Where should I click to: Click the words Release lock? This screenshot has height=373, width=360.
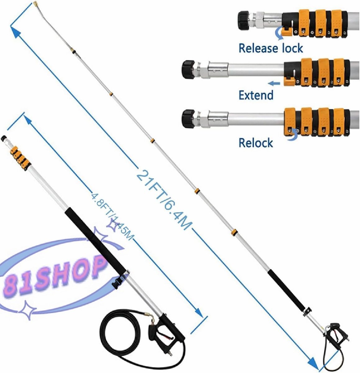tap(271, 48)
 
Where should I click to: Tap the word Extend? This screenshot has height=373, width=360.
tap(256, 95)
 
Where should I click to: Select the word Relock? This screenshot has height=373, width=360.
tap(256, 143)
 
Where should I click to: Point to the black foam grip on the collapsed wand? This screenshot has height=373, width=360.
tap(95, 240)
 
